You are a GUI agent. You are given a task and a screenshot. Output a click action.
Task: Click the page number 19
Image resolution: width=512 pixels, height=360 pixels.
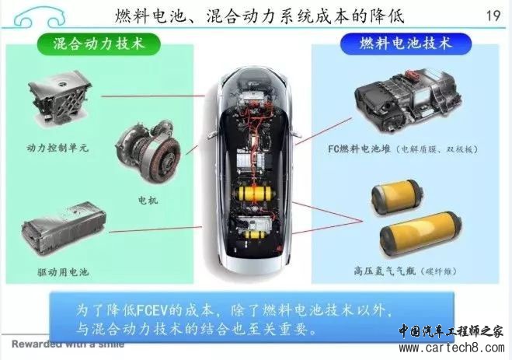coord(493,16)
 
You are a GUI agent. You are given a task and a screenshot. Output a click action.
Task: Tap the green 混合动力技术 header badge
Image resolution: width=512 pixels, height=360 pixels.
coord(99,44)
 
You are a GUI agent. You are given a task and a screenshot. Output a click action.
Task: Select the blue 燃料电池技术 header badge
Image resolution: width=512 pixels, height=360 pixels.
coord(406,44)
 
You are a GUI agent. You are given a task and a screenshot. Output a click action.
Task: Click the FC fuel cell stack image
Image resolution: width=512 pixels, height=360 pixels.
coord(408,100)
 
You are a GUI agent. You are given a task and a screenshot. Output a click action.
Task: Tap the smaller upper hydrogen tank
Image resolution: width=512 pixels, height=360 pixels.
coord(397,197)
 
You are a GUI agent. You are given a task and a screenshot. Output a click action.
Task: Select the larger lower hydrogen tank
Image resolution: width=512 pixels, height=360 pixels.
coord(421,235)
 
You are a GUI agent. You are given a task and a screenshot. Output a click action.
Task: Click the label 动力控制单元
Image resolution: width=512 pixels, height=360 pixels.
coord(57,148)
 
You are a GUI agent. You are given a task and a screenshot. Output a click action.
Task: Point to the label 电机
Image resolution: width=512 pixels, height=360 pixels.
coord(148,200)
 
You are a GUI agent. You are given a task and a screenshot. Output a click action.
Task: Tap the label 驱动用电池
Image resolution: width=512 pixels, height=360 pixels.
coord(63,272)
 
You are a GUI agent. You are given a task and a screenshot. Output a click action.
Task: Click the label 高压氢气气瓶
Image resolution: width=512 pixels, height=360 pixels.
coord(385,271)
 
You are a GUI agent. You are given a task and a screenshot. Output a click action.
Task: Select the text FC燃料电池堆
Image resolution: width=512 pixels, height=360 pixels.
coord(359,149)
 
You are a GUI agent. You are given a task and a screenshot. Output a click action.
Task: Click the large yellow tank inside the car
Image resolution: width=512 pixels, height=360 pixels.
coord(255,194)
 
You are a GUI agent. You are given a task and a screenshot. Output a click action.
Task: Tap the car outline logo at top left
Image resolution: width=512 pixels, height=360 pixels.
coord(40,16)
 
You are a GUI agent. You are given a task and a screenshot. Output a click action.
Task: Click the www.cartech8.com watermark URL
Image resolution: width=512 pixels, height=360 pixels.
coord(451,348)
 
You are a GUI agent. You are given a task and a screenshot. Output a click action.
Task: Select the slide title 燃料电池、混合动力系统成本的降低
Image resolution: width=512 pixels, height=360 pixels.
coord(259,16)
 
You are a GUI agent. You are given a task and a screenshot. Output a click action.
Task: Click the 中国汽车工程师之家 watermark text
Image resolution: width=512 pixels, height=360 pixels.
coord(451,331)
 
